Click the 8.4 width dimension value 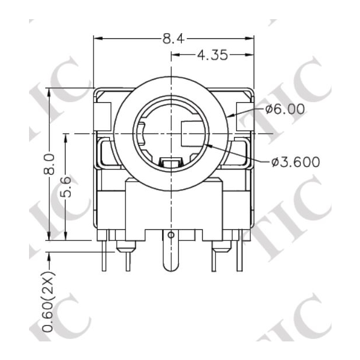click(173, 39)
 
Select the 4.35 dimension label click(213, 56)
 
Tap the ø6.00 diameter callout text click(285, 109)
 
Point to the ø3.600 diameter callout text click(296, 162)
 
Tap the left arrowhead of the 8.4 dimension click(98, 39)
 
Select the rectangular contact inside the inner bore click(192, 134)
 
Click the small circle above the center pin click(170, 235)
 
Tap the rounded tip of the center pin click(170, 268)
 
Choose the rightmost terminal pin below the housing click(238, 255)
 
